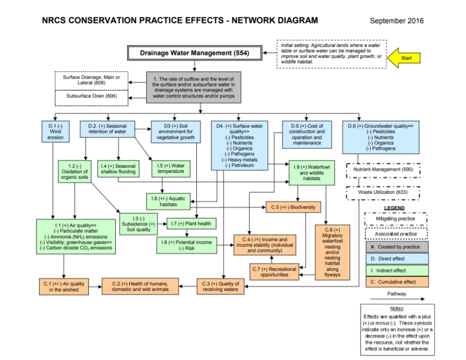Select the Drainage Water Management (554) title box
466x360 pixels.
(195, 52)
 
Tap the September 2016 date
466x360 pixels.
(396, 21)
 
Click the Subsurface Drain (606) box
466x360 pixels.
(92, 96)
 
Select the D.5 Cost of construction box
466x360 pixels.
(307, 134)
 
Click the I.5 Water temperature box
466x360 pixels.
(171, 168)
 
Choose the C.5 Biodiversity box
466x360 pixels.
(293, 207)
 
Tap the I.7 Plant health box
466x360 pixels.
(191, 224)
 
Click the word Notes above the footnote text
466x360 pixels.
(396, 309)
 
